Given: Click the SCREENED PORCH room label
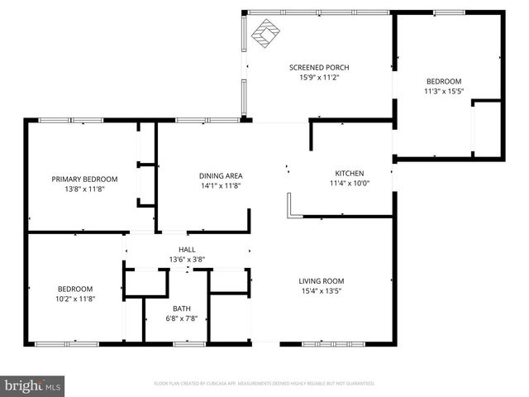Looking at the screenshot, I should (x=319, y=67).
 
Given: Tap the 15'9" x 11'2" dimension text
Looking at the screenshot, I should (x=319, y=78).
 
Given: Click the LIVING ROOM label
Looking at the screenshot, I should (x=321, y=280).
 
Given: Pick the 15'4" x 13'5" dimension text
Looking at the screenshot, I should (x=321, y=291).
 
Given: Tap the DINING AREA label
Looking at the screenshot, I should (x=221, y=175).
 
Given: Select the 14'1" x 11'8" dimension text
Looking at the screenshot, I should (x=221, y=186).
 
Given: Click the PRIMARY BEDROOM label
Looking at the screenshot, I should (x=84, y=179).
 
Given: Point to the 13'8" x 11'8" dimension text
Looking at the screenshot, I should (x=84, y=189).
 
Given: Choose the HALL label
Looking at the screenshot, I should (x=187, y=249).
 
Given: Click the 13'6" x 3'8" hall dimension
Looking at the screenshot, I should (x=187, y=259).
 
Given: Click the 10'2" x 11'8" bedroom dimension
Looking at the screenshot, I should (x=76, y=299).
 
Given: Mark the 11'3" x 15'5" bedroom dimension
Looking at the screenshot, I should (x=443, y=92).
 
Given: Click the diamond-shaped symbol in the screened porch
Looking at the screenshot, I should (x=265, y=33).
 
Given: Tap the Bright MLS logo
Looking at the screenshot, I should (x=33, y=385).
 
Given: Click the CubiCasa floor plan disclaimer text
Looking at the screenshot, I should (x=264, y=384).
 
